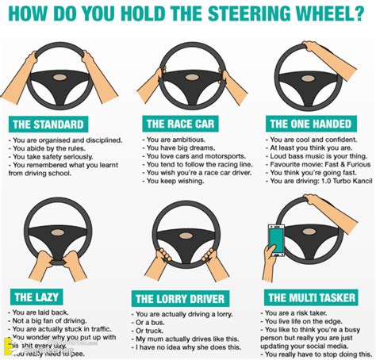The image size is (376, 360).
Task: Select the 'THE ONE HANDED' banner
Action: click(x=310, y=124)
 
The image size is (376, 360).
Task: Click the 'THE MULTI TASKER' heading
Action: click(x=311, y=297)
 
